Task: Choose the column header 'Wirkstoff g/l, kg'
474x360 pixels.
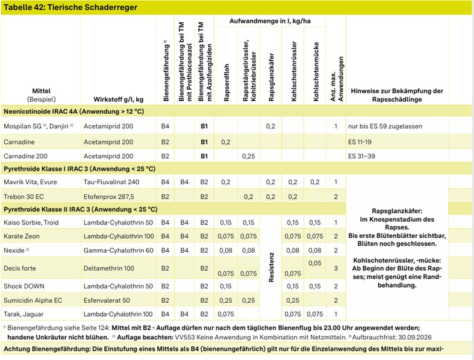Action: click(x=118, y=99)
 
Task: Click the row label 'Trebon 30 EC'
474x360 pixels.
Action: click(x=24, y=196)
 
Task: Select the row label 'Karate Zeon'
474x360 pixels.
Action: click(x=22, y=236)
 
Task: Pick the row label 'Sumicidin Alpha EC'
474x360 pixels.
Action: click(x=33, y=300)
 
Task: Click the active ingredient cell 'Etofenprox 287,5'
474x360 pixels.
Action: click(x=113, y=196)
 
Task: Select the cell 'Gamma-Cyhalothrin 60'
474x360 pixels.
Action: click(x=119, y=249)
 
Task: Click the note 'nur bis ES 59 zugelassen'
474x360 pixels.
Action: click(x=390, y=126)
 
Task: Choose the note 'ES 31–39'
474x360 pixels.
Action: click(x=361, y=156)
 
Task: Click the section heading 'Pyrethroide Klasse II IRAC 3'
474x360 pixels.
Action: click(x=81, y=209)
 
